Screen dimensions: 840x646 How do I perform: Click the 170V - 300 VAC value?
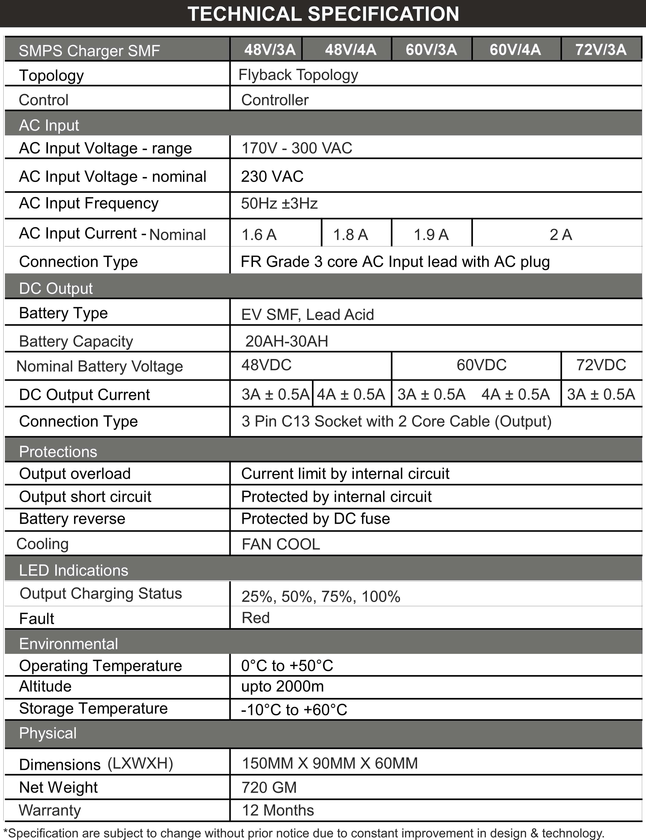pos(297,148)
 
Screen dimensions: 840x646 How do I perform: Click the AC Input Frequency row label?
pos(89,203)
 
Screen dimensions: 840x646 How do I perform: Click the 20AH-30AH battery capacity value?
pos(287,341)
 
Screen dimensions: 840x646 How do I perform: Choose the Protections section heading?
pos(58,452)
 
